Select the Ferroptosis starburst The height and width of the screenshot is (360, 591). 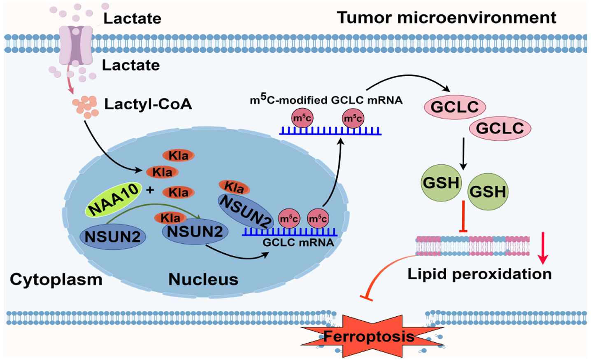coord(369,336)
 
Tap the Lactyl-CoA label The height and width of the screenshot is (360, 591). coord(148,104)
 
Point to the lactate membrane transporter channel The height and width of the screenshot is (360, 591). coord(76,45)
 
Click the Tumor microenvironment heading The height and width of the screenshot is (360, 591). coord(447,18)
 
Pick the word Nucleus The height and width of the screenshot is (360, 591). coord(203,279)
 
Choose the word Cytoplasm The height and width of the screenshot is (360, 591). coord(56,279)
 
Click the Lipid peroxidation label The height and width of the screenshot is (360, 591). coord(479,274)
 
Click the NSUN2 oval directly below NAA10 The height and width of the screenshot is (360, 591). coord(113,236)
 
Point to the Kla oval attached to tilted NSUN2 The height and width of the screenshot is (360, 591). coord(234,187)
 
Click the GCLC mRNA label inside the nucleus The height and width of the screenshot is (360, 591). coord(298,242)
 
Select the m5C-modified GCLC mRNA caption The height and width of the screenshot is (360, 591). coord(326,99)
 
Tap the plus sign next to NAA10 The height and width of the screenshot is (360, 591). coord(150,190)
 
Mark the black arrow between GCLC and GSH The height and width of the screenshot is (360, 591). coord(463,153)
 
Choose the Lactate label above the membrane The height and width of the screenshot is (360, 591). coord(132,19)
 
